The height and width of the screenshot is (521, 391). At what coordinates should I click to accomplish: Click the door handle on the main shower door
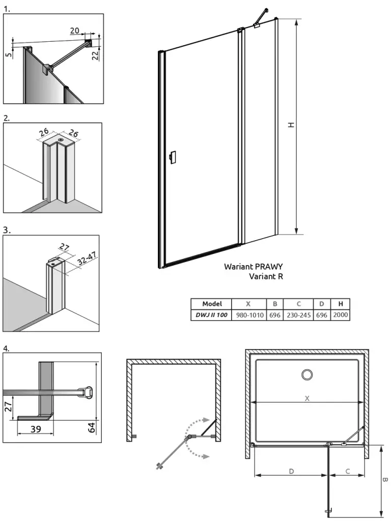pyautogui.click(x=173, y=157)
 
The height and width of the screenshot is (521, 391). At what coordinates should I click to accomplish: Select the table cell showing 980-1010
pyautogui.click(x=249, y=315)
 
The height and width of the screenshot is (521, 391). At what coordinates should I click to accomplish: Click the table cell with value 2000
pyautogui.click(x=340, y=315)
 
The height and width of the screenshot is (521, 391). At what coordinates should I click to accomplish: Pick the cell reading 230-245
pyautogui.click(x=298, y=315)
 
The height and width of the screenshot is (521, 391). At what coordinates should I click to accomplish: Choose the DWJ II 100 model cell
pyautogui.click(x=211, y=315)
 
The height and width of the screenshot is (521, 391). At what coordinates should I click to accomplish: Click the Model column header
pyautogui.click(x=212, y=304)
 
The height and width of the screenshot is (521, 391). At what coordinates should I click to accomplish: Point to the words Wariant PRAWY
pyautogui.click(x=254, y=266)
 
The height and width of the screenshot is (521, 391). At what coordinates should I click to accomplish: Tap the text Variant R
pyautogui.click(x=266, y=277)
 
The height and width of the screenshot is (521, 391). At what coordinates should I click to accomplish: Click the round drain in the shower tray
pyautogui.click(x=308, y=375)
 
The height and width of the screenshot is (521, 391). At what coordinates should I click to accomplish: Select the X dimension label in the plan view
pyautogui.click(x=307, y=398)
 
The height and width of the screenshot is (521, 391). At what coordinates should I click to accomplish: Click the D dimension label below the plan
pyautogui.click(x=291, y=471)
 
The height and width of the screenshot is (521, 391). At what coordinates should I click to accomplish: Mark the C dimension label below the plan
pyautogui.click(x=347, y=471)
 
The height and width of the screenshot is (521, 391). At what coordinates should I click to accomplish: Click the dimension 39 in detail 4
pyautogui.click(x=35, y=429)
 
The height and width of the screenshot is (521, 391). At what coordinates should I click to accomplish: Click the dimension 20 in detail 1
pyautogui.click(x=75, y=31)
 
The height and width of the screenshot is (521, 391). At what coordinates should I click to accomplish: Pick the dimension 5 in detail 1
pyautogui.click(x=9, y=53)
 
